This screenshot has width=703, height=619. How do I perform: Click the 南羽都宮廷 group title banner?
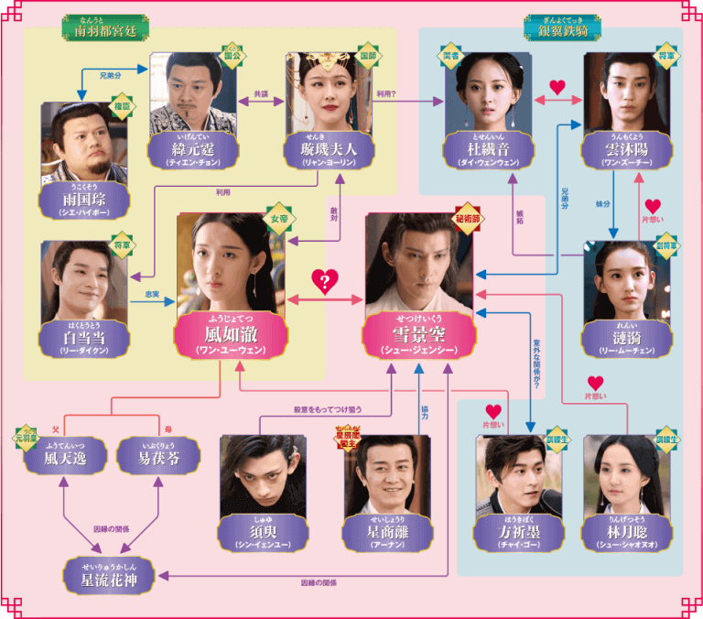point(102,27)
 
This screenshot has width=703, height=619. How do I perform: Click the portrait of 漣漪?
point(627,279)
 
